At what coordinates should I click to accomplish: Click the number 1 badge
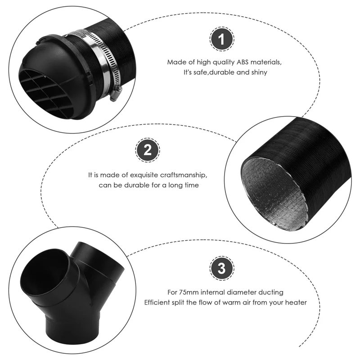point(221,39)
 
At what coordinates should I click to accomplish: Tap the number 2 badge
point(148,150)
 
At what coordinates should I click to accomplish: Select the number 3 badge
point(222,268)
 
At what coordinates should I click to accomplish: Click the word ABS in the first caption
point(243,62)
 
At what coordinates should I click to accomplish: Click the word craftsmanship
point(184,175)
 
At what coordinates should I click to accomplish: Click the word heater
point(296,302)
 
